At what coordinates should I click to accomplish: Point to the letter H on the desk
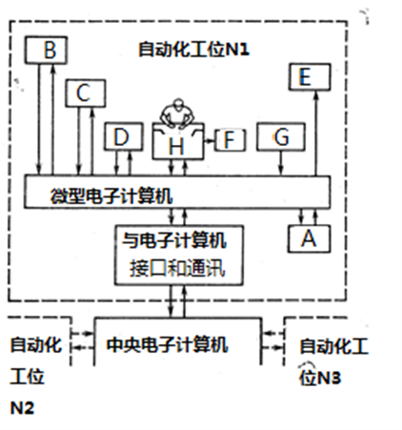[176, 147]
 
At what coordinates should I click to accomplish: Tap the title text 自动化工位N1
[193, 50]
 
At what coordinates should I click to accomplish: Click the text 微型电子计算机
[111, 195]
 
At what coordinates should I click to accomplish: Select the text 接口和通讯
[177, 268]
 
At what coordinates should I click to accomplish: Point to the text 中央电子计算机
[167, 344]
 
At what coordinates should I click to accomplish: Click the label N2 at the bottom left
[22, 408]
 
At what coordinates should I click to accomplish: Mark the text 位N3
[320, 378]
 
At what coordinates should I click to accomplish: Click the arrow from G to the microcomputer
[281, 163]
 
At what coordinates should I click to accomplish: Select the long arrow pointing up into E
[315, 133]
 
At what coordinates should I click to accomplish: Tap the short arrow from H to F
[210, 140]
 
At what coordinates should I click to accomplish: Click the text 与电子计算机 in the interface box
[174, 240]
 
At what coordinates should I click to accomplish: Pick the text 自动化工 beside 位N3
[334, 346]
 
